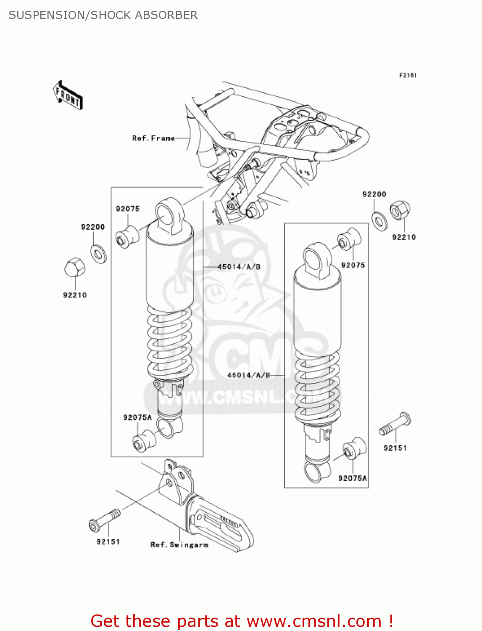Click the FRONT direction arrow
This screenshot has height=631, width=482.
pos(68,95)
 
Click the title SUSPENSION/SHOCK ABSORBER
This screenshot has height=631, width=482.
pos(103,15)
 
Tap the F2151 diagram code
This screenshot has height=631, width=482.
pos(407,75)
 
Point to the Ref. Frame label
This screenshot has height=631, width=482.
pos(153,138)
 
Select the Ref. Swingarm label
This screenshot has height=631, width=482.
pos(179,545)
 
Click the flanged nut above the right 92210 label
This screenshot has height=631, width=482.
pos(400,210)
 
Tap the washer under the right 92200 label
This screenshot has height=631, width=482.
pos(380,220)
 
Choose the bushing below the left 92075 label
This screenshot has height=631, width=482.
pos(127,237)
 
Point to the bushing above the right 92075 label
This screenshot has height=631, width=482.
pos(349,239)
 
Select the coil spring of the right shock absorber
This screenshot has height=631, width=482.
pos(317,387)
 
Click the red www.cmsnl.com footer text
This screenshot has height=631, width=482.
pos(242,621)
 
